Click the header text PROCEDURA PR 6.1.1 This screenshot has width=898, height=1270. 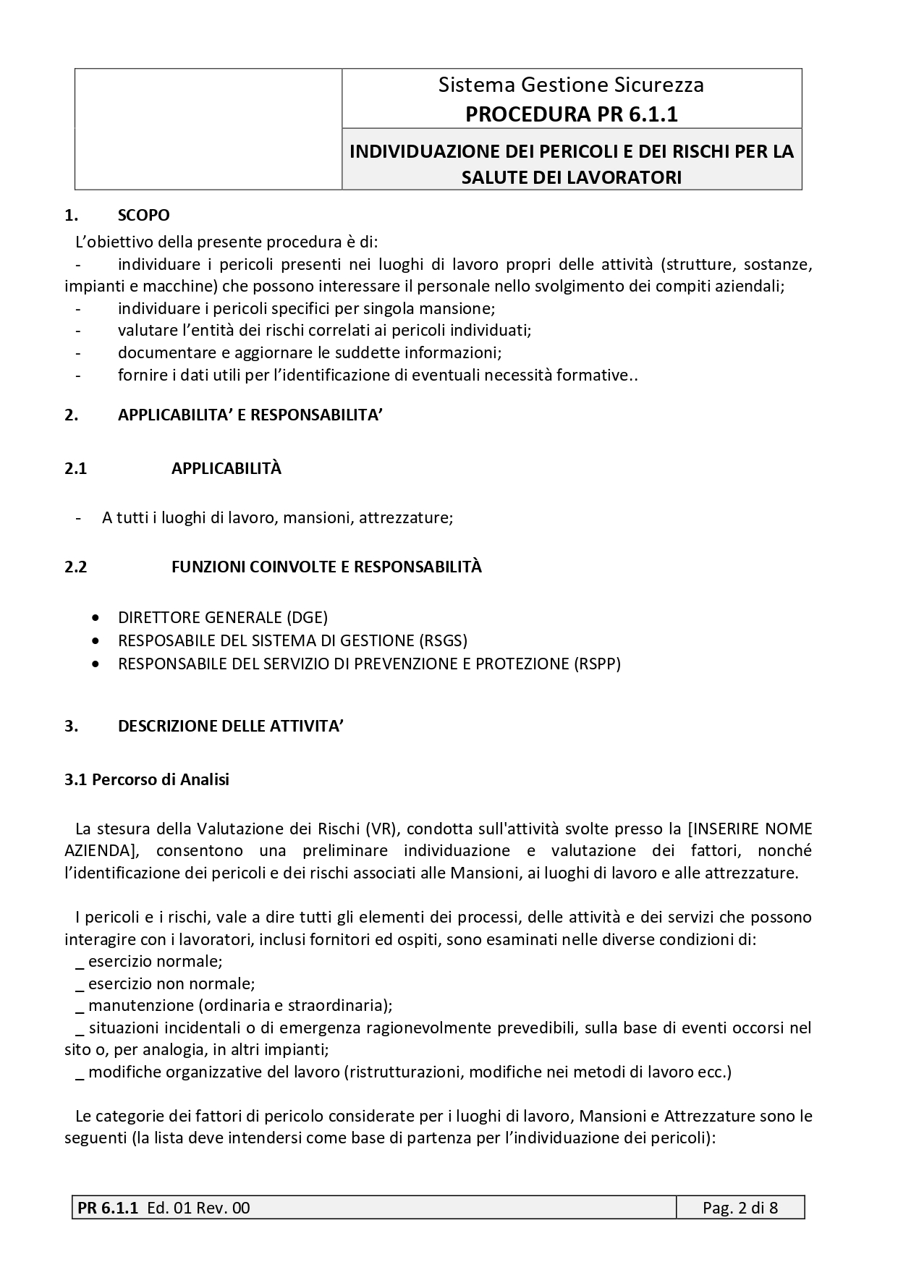click(x=571, y=114)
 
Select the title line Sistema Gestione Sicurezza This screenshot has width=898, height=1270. click(x=571, y=85)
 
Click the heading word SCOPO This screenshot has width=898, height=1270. click(x=144, y=215)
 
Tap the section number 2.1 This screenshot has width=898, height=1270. click(x=75, y=468)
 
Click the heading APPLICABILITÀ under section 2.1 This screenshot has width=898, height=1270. click(x=226, y=468)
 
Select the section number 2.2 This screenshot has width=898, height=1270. click(x=75, y=567)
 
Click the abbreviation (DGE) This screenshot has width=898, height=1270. click(x=307, y=617)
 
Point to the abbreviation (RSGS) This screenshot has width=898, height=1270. click(x=443, y=640)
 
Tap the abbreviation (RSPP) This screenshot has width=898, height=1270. click(x=597, y=664)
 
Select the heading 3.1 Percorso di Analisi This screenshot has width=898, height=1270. click(x=147, y=779)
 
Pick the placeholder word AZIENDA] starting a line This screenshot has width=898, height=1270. click(x=101, y=850)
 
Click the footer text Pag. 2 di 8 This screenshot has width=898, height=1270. click(x=740, y=1208)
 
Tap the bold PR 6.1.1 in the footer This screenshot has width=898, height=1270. click(x=107, y=1208)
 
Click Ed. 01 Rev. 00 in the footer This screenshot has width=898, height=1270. click(x=198, y=1208)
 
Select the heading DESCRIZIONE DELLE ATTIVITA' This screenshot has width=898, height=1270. click(x=230, y=726)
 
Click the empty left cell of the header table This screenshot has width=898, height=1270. click(x=208, y=129)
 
